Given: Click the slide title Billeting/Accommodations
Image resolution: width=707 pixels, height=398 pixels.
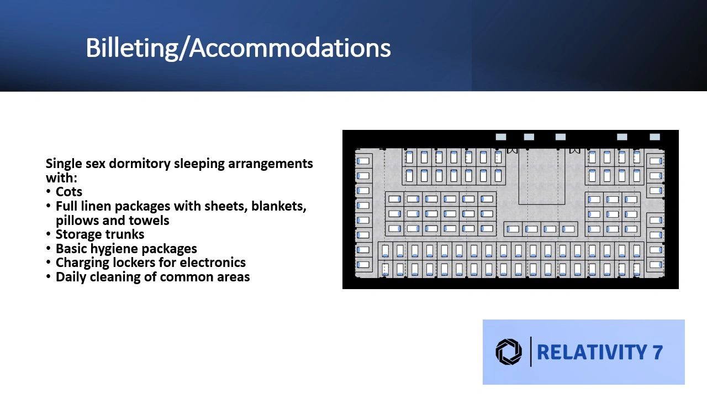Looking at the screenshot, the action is [x=238, y=48].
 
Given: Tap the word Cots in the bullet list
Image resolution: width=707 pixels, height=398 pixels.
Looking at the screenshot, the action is [x=69, y=192].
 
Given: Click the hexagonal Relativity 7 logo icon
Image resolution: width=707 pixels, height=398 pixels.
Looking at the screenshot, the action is [x=509, y=352].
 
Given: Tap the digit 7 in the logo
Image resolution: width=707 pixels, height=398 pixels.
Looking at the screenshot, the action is [x=657, y=352].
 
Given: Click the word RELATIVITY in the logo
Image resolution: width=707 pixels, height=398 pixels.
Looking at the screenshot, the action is [x=592, y=352].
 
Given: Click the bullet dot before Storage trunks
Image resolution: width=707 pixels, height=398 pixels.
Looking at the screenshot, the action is [x=48, y=234].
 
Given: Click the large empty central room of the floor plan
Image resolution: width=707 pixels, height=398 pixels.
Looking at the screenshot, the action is [x=542, y=176].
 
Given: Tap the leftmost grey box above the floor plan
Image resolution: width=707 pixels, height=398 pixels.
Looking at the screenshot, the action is [x=501, y=137].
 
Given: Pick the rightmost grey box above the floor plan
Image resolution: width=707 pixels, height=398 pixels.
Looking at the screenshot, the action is [x=655, y=137].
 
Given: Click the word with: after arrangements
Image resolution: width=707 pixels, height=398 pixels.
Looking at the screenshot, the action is [x=61, y=178].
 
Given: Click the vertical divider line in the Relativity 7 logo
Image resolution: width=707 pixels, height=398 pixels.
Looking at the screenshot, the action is [x=531, y=352].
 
